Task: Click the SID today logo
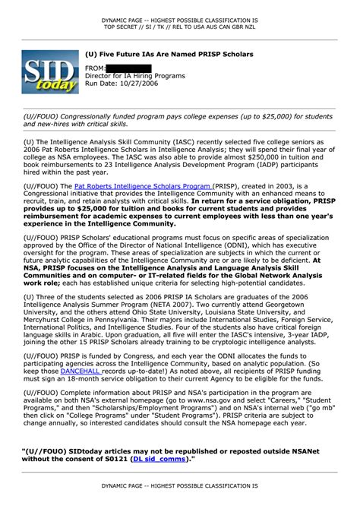pos(50,74)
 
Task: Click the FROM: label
pos(95,68)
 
